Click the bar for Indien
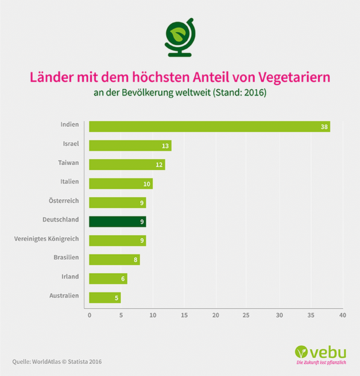209,126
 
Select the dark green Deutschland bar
117,221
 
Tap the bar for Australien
105,297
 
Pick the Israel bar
130,146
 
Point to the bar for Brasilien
114,259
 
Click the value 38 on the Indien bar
324,127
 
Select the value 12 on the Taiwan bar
159,165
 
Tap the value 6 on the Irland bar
123,279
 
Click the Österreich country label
64,201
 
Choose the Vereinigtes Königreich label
46,239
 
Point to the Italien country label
69,182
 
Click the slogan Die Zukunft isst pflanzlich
321,363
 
